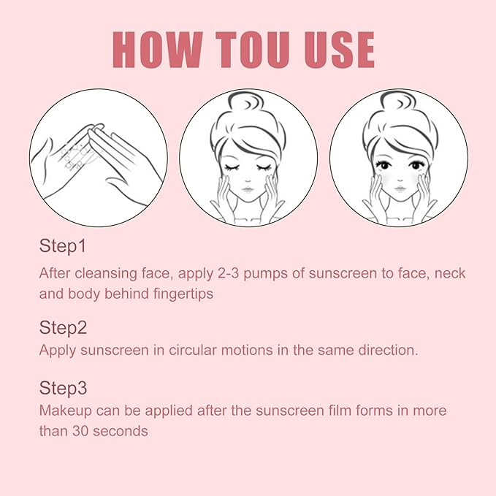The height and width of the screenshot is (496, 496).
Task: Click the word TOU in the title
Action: point(253,50)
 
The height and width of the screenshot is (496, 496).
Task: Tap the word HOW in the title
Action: point(158,50)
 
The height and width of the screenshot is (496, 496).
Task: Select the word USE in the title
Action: point(339,50)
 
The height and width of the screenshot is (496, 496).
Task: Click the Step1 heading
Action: point(63,246)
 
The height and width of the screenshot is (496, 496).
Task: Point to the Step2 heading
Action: point(63,327)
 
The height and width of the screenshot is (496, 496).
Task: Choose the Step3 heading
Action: point(63,388)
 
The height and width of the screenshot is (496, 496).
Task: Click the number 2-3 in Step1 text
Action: point(228,273)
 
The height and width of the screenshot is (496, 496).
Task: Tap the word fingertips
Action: point(183,294)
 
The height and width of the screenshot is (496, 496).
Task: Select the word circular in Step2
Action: point(192,350)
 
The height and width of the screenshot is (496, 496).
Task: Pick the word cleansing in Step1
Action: point(106,274)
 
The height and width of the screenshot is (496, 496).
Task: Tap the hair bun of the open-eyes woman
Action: point(397,102)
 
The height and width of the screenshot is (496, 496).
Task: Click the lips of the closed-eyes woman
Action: point(248,190)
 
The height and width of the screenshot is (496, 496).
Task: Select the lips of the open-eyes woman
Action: point(400,189)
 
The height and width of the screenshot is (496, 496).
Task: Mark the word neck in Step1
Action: point(450,273)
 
